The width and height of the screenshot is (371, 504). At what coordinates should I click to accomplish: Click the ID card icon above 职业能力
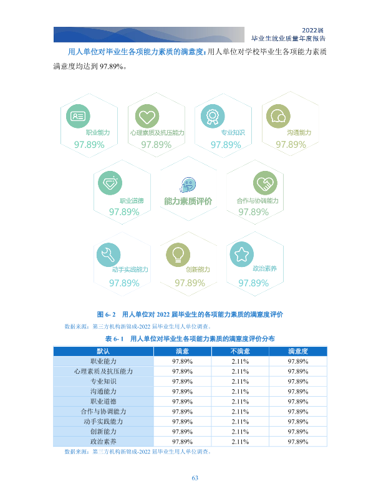78,116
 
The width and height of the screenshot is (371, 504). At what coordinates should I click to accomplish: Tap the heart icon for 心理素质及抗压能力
147,116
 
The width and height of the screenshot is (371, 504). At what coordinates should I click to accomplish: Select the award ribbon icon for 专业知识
213,116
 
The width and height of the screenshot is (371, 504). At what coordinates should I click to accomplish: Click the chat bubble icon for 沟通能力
278,116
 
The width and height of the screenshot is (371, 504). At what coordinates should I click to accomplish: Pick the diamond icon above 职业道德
110,183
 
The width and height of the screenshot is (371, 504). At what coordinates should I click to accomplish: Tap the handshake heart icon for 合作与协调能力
265,183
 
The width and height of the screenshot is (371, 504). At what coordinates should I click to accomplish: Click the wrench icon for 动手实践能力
108,254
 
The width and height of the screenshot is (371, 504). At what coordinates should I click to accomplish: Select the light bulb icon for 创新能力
178,254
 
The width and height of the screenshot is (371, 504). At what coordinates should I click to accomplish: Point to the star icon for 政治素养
241,254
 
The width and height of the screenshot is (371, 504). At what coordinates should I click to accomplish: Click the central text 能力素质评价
188,201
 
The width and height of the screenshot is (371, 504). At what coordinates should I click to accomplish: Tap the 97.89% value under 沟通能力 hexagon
291,145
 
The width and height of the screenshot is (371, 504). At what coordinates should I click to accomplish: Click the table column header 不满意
240,351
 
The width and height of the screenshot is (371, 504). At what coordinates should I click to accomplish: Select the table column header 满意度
298,351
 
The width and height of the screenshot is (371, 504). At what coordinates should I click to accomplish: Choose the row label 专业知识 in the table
104,381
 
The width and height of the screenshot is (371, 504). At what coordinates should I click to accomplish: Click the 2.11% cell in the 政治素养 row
240,442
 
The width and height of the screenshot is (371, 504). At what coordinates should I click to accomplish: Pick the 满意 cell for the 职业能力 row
182,361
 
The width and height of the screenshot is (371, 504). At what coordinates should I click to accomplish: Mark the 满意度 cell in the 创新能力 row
298,432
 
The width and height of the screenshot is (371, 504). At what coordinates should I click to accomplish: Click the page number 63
195,478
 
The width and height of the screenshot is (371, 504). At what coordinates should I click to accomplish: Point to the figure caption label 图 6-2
107,314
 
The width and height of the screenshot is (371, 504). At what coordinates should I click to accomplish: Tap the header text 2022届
312,31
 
